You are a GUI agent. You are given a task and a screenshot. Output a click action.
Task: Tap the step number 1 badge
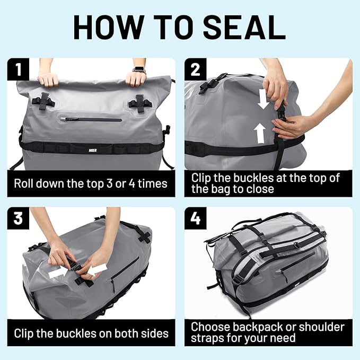coord(19,69)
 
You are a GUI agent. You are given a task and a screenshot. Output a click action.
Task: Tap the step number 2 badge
coord(195,69)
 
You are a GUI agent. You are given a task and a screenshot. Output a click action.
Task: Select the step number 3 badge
coord(19,218)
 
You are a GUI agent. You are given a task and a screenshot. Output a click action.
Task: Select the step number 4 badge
coord(195,218)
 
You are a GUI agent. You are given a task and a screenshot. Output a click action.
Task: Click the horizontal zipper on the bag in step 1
coord(93,120)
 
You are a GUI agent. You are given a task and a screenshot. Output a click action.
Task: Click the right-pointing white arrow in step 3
coord(59,272)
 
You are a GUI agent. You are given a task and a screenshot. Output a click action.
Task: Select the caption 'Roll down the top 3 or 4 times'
coord(91,184)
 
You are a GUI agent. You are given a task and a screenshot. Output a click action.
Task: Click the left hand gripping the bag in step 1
coord(48,79)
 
